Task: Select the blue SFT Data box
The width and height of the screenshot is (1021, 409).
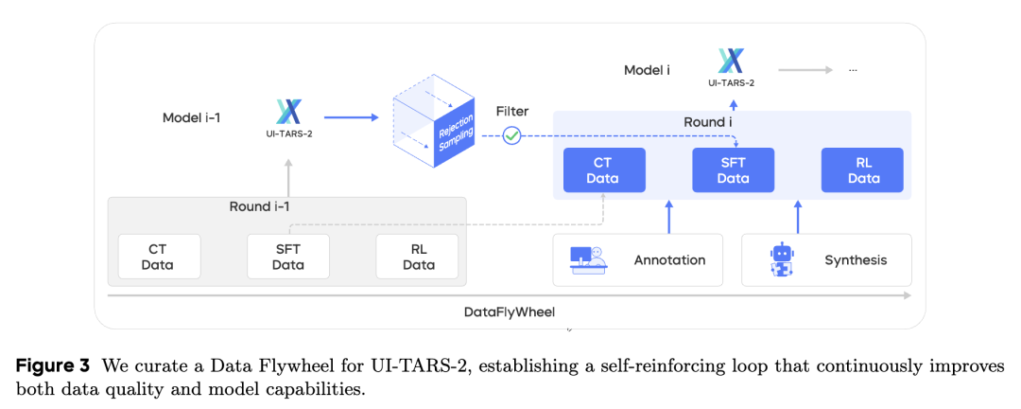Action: (x=733, y=170)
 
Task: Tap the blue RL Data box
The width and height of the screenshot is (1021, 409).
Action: (x=862, y=170)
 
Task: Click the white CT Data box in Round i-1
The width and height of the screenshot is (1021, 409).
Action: (x=159, y=257)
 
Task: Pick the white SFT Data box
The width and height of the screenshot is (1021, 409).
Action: (x=287, y=257)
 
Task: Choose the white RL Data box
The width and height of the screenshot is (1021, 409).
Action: (x=417, y=257)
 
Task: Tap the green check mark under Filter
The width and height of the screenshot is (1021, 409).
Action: (x=511, y=135)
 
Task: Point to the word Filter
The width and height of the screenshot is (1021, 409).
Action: (x=512, y=112)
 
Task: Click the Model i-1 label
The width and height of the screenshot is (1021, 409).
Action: (x=192, y=118)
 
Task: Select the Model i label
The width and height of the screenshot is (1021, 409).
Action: (x=647, y=70)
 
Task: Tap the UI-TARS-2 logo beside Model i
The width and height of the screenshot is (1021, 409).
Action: (x=731, y=63)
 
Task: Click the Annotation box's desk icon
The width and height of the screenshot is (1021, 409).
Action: (x=587, y=259)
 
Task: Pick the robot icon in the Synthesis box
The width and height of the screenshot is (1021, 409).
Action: (x=782, y=259)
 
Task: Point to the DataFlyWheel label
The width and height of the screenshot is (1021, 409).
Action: (x=509, y=311)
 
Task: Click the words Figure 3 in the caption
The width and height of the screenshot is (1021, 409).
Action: (x=53, y=365)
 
